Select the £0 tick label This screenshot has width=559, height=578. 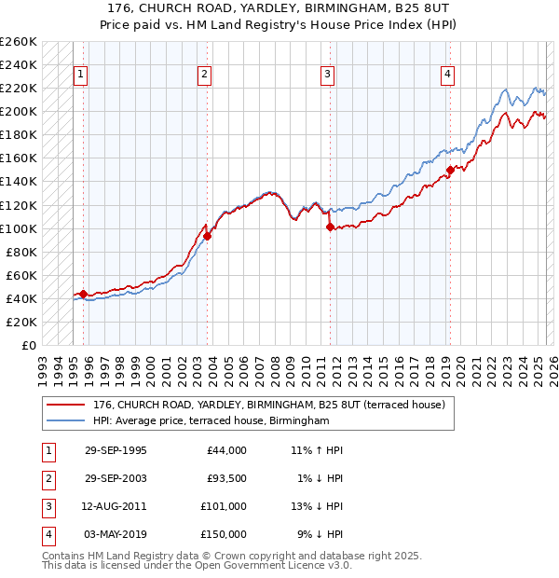pos(28,345)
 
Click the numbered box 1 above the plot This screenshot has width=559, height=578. pos(81,76)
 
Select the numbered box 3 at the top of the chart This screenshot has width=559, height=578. pos(328,76)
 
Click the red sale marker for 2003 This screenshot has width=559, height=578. pos(208,236)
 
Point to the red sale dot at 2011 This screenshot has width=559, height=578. pos(330,227)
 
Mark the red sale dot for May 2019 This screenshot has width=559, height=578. pos(449,170)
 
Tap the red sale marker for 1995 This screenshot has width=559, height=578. pos(84,294)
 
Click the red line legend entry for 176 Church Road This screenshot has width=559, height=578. pos(270,405)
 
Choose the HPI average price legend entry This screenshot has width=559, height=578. pos(211,421)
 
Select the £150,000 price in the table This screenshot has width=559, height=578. pos(224,534)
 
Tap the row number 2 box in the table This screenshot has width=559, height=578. pos(47,478)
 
